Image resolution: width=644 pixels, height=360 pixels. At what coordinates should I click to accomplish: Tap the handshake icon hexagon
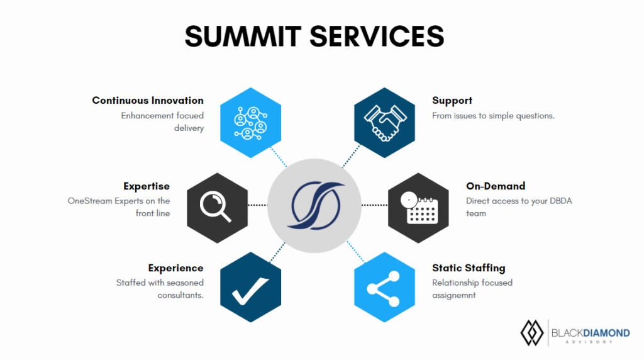(x=384, y=123)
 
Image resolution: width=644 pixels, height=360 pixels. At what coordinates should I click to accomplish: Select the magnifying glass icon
(x=215, y=207)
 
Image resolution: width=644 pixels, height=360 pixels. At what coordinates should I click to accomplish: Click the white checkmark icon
(x=250, y=291)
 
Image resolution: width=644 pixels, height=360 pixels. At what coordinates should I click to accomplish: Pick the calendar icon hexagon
(x=418, y=208)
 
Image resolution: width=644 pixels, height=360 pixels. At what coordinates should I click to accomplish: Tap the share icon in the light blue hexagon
(x=384, y=288)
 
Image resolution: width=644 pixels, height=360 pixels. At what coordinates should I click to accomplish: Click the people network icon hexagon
(x=250, y=123)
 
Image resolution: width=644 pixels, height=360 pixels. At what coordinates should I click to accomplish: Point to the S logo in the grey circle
(x=316, y=205)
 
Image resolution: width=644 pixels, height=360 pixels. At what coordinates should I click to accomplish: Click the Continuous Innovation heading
(x=148, y=101)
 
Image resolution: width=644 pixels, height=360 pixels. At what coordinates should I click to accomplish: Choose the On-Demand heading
(x=496, y=186)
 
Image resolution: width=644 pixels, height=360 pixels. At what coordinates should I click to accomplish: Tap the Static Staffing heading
(x=469, y=268)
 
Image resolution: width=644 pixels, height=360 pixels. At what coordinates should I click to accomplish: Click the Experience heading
(x=176, y=268)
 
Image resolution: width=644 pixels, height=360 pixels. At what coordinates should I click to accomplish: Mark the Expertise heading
(x=147, y=186)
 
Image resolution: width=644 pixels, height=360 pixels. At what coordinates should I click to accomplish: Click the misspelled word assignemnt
(x=454, y=295)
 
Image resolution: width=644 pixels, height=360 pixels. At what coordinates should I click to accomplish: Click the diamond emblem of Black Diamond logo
(x=532, y=333)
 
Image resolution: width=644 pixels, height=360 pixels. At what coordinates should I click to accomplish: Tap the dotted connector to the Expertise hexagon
(x=257, y=205)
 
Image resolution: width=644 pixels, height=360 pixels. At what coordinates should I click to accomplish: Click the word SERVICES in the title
(x=377, y=36)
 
